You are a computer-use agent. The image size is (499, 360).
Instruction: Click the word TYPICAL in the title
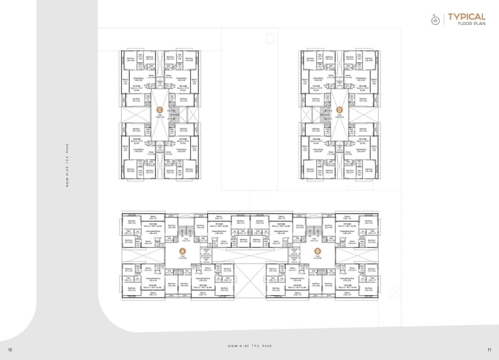pyautogui.click(x=467, y=16)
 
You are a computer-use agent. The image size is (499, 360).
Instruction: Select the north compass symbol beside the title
pyautogui.click(x=435, y=19)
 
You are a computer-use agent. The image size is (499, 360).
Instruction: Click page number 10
pyautogui.click(x=9, y=349)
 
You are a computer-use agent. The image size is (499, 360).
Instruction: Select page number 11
pyautogui.click(x=489, y=349)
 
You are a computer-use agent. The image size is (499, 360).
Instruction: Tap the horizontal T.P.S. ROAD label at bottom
pyautogui.click(x=249, y=345)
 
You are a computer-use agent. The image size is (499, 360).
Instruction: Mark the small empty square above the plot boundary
pyautogui.click(x=269, y=38)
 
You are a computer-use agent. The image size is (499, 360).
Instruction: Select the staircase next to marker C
pyautogui.click(x=176, y=114)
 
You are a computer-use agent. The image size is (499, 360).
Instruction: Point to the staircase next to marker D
pyautogui.click(x=323, y=114)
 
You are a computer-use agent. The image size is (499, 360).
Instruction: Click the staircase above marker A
pyautogui.click(x=185, y=235)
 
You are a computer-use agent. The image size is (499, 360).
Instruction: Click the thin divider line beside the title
pyautogui.click(x=444, y=19)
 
